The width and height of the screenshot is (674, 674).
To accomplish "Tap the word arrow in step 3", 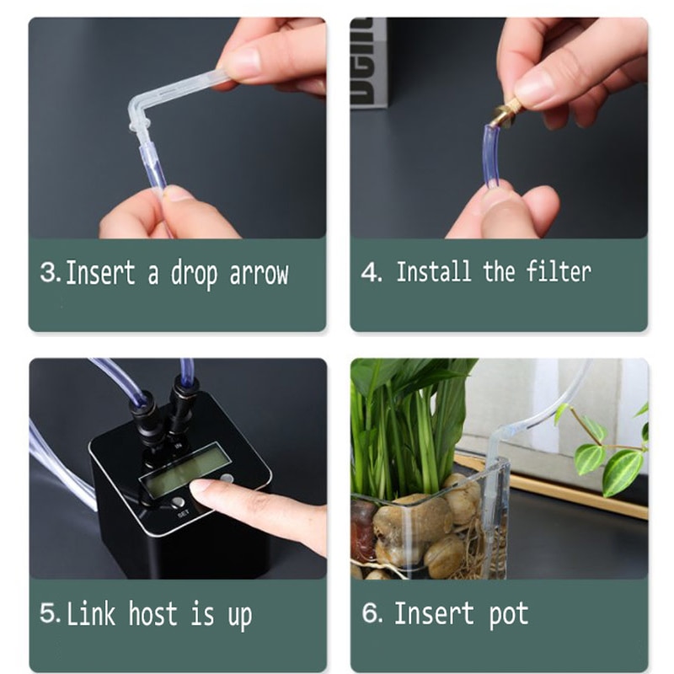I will pos(259,274).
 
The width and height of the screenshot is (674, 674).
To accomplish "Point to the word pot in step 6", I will pos(507,614).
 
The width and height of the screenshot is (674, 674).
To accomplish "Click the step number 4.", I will pos(371,272).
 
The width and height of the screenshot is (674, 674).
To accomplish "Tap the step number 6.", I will pos(372,612).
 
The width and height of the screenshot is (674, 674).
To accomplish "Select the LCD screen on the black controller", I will pos(184,469).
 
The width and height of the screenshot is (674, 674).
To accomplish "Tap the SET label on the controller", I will pos(183,511).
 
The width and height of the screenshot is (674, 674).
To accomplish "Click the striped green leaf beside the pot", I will pos(621,470).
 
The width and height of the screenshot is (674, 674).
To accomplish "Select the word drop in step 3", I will pos(196,274).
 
